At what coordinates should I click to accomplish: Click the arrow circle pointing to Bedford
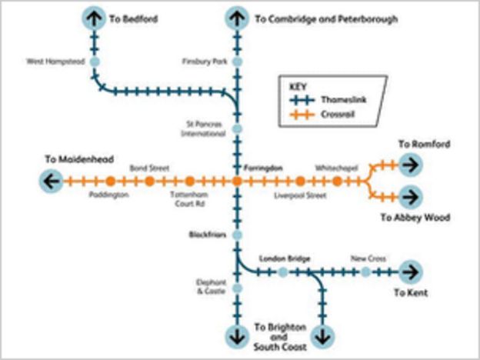pos(95,18)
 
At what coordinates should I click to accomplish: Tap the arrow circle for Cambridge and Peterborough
pos(237,18)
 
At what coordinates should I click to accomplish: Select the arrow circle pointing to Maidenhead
pos(52,182)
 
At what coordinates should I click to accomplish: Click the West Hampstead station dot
pos(95,61)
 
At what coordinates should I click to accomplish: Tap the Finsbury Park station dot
pos(237,61)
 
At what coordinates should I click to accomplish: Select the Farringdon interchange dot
pos(237,182)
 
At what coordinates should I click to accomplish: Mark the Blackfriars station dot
pos(237,235)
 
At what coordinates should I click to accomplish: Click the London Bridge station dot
pos(283,272)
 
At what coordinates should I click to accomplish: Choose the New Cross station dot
pos(366,272)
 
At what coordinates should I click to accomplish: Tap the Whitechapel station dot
pos(337,182)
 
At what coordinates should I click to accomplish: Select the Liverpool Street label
pos(300,195)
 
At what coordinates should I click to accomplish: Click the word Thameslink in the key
pos(337,101)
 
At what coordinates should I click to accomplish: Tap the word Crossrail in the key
pos(333,115)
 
